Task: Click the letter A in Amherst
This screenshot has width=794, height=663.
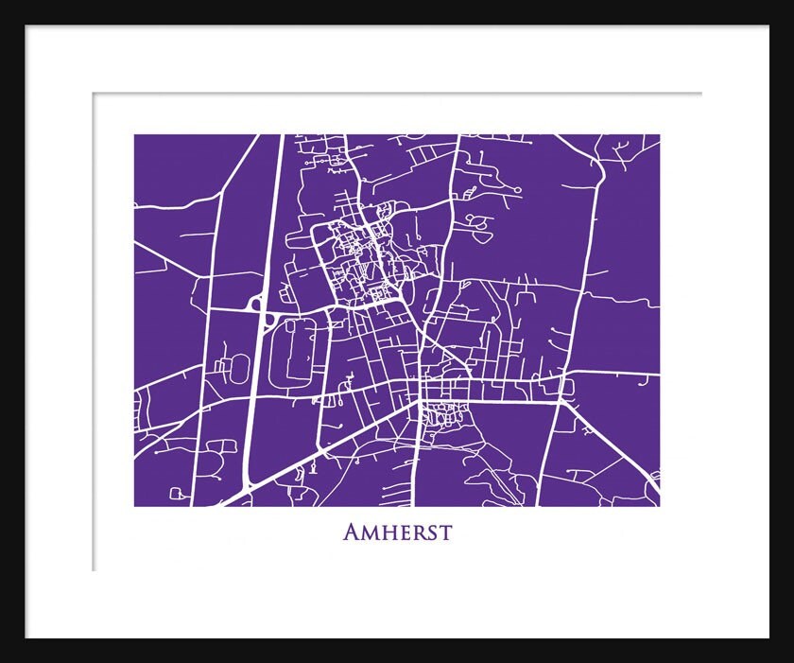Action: pos(352,532)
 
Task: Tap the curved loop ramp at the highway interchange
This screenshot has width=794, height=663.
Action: pos(255,302)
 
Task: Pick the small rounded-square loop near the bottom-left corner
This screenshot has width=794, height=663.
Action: pos(176,494)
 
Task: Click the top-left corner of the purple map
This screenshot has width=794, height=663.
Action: pos(134,134)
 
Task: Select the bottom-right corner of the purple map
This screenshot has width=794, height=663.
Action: pos(659,506)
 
